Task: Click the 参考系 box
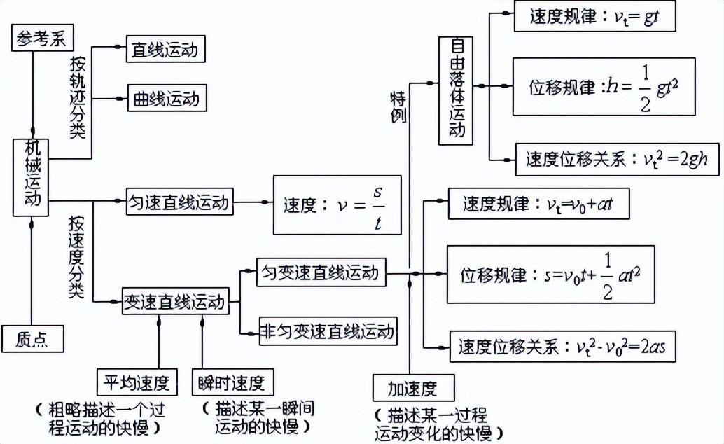click(43, 37)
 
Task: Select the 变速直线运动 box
click(174, 302)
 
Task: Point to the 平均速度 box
click(137, 382)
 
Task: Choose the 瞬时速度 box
click(232, 382)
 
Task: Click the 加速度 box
click(412, 387)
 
